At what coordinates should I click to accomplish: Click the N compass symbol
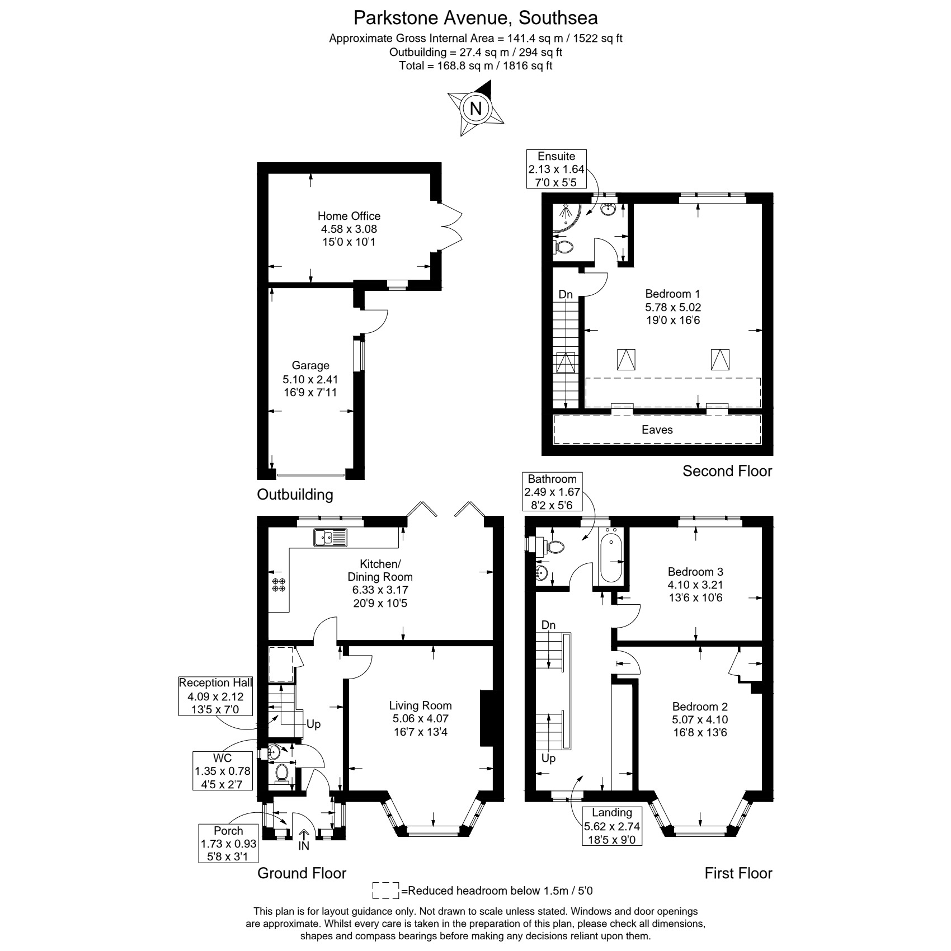click(476, 107)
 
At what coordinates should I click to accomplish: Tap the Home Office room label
click(349, 229)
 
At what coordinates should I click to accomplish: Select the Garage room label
click(310, 379)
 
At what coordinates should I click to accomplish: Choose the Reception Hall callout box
click(215, 696)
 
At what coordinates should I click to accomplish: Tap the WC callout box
click(222, 771)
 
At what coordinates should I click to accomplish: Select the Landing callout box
click(612, 826)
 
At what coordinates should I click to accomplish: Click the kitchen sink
click(331, 537)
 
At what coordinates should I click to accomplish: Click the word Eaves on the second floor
click(657, 430)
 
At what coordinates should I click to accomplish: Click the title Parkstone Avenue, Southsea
click(475, 18)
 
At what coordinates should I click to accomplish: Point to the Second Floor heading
click(727, 471)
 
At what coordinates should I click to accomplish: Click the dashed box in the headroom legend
click(386, 890)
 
